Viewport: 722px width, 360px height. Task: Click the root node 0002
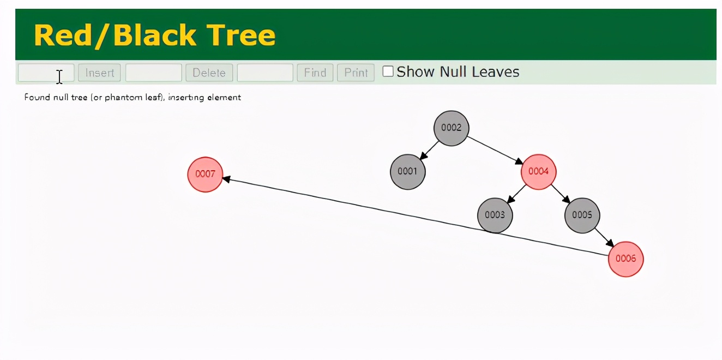tap(451, 128)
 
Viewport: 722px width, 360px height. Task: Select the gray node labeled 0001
tap(407, 171)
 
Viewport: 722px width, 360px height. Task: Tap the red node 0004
tap(538, 172)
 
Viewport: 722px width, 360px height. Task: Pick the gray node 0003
tap(495, 215)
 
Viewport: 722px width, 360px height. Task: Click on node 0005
tap(582, 215)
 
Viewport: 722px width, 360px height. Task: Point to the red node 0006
tap(625, 259)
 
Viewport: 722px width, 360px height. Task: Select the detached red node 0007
tap(205, 175)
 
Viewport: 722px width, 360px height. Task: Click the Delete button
tap(209, 73)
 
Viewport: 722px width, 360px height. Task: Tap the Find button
tap(315, 73)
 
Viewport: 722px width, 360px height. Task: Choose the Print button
tap(356, 73)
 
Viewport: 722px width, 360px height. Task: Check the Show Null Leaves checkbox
tap(388, 71)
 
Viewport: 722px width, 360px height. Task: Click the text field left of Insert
tap(46, 73)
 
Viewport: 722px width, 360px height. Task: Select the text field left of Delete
tap(153, 73)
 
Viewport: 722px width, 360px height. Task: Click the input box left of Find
tap(265, 73)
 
